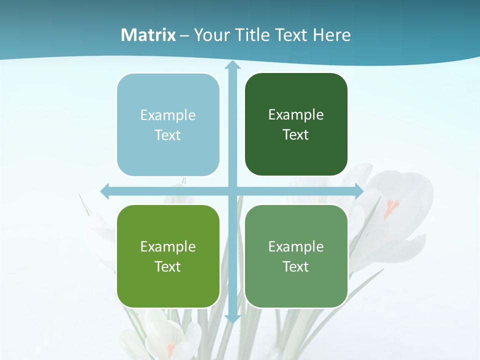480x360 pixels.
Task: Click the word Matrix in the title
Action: [x=148, y=35]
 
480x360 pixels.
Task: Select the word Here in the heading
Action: [x=331, y=35]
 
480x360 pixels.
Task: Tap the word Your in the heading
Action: [x=210, y=35]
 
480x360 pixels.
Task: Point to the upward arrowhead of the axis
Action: [x=232, y=65]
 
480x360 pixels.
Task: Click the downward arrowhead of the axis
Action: [x=232, y=318]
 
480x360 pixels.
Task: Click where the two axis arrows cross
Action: [x=232, y=191]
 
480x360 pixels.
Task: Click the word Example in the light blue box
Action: [x=168, y=115]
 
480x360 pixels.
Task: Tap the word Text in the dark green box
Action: [x=296, y=134]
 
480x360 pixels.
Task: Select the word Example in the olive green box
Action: [x=168, y=246]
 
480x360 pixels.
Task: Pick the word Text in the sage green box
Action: [x=296, y=266]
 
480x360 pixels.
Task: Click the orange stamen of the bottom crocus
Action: [x=170, y=348]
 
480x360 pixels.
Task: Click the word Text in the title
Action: [x=291, y=35]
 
